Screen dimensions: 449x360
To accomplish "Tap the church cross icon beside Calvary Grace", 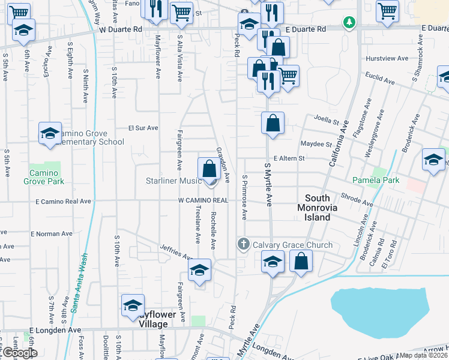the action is pos(243,244).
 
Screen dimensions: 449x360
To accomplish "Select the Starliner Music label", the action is pos(173,181).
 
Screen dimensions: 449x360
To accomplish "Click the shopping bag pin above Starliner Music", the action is pos(209,169).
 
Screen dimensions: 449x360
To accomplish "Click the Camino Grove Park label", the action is pos(44,176).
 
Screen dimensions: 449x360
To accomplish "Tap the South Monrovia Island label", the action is pos(318,208).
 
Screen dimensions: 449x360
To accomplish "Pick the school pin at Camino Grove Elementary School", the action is pos(50,134).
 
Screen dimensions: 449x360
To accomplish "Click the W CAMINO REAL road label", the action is pos(203,200).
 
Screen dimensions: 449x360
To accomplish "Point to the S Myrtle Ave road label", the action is pos(269,183).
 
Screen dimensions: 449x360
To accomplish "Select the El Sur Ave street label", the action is pos(143,128).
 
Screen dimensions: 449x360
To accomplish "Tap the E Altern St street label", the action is pos(289,158).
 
